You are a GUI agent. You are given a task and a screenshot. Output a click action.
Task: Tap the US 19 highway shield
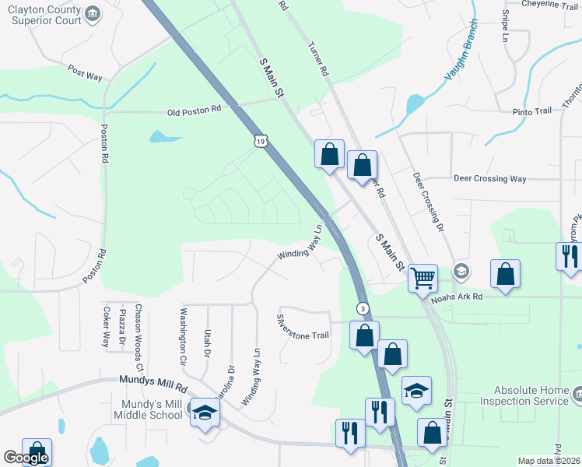click(x=261, y=139)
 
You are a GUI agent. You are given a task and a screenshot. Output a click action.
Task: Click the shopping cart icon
click(x=422, y=277)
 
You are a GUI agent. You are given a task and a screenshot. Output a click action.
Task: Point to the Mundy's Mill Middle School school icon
click(x=205, y=413)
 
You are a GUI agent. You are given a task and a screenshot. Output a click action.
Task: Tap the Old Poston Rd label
click(x=195, y=111)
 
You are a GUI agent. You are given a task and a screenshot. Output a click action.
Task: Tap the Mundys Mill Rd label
click(x=155, y=384)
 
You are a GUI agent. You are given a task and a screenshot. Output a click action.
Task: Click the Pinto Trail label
click(x=531, y=111)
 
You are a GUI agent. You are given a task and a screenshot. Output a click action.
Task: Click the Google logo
click(x=26, y=458)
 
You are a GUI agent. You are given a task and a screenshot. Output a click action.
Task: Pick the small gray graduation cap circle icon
click(x=461, y=271)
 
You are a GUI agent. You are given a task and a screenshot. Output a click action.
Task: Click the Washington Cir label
click(x=184, y=338)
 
